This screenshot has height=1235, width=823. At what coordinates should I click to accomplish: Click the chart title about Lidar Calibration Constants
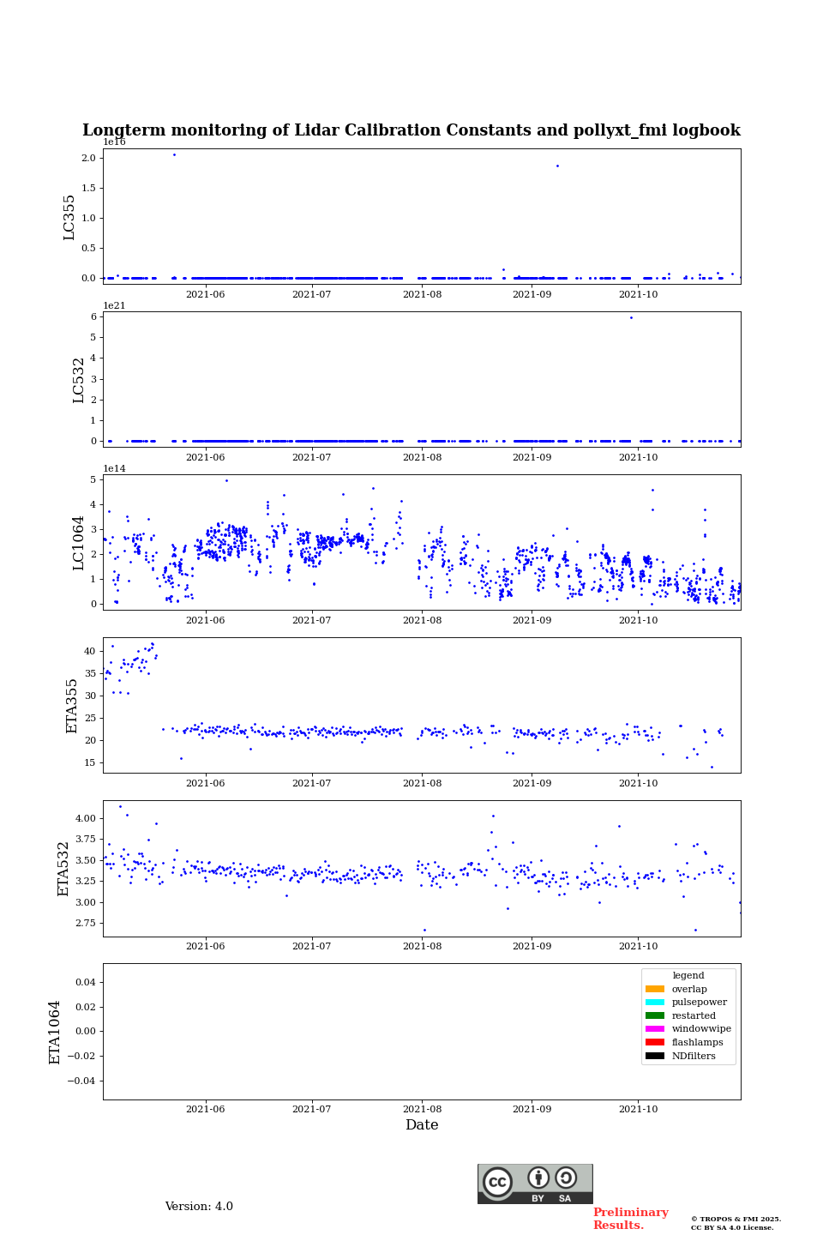(x=411, y=130)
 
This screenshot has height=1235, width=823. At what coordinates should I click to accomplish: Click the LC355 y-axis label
(x=69, y=217)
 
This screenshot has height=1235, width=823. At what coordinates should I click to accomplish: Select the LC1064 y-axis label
(x=79, y=543)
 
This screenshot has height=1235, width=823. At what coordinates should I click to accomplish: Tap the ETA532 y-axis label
(x=63, y=869)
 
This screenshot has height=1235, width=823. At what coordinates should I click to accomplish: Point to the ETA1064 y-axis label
(x=55, y=1032)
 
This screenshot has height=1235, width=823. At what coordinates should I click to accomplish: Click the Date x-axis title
(x=422, y=1125)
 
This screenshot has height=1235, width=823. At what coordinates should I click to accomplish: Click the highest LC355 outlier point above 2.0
(x=174, y=154)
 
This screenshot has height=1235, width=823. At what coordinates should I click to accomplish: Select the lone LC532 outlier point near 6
(x=631, y=317)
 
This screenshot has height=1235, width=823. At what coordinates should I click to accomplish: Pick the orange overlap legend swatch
(x=655, y=989)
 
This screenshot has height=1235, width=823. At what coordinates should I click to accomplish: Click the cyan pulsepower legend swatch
(x=655, y=1003)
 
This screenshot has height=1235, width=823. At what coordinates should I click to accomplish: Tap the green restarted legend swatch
(x=655, y=1015)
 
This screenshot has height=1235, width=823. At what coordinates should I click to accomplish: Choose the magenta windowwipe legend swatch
(x=655, y=1029)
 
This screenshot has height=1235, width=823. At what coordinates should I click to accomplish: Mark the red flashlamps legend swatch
(x=655, y=1043)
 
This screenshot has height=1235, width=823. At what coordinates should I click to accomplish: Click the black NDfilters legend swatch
(x=655, y=1056)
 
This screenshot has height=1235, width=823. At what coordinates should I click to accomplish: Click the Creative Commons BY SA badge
(x=535, y=1184)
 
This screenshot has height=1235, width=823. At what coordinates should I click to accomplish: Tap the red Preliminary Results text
(x=630, y=1219)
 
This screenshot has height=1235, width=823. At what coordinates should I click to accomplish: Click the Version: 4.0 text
(x=199, y=1207)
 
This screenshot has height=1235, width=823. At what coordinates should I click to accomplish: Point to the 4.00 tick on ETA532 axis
(x=84, y=818)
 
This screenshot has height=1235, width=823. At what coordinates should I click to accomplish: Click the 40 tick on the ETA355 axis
(x=90, y=651)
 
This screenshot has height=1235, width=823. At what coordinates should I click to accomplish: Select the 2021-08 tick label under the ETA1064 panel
(x=422, y=1109)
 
